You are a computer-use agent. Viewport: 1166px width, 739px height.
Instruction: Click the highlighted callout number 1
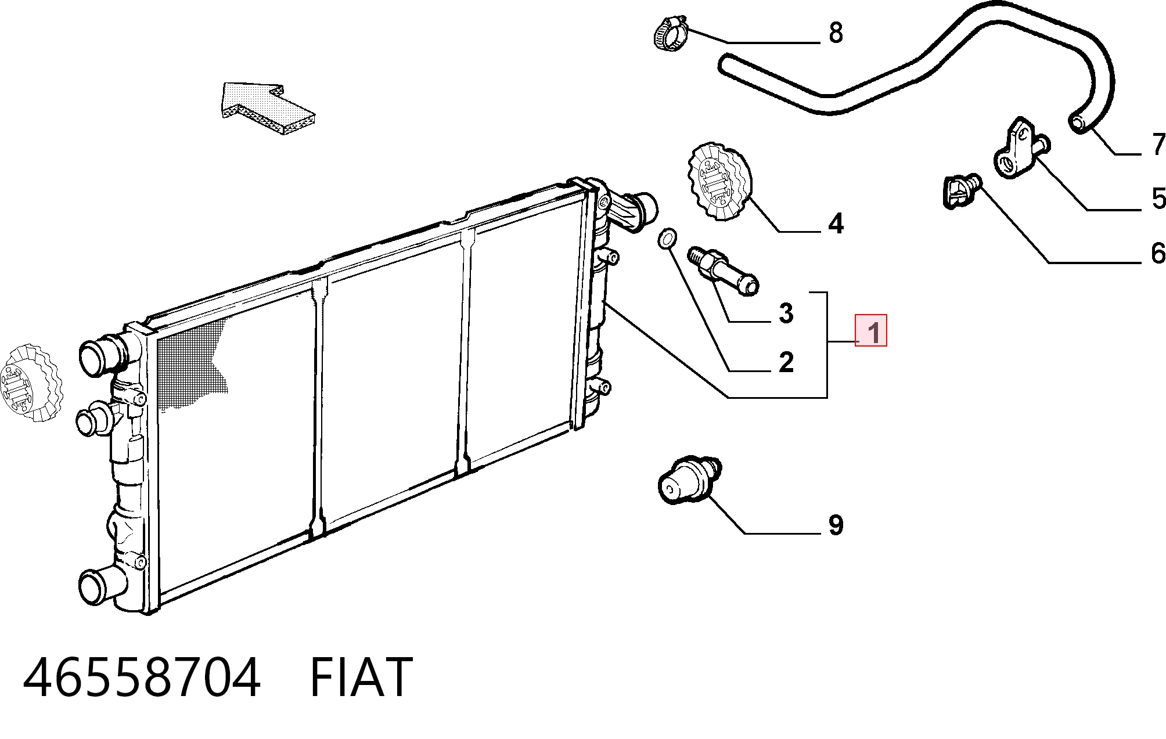[x=871, y=330]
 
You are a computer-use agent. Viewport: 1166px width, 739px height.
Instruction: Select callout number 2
[x=786, y=362]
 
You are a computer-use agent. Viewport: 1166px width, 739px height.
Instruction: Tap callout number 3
[x=786, y=313]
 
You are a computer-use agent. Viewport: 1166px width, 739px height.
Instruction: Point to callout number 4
[x=836, y=223]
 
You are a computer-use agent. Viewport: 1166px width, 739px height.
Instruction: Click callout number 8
[x=836, y=33]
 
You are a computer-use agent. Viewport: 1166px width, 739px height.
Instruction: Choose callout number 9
[x=835, y=525]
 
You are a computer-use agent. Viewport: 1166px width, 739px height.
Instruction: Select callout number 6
[x=1158, y=253]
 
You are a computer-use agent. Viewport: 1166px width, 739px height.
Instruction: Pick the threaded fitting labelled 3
[x=722, y=271]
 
